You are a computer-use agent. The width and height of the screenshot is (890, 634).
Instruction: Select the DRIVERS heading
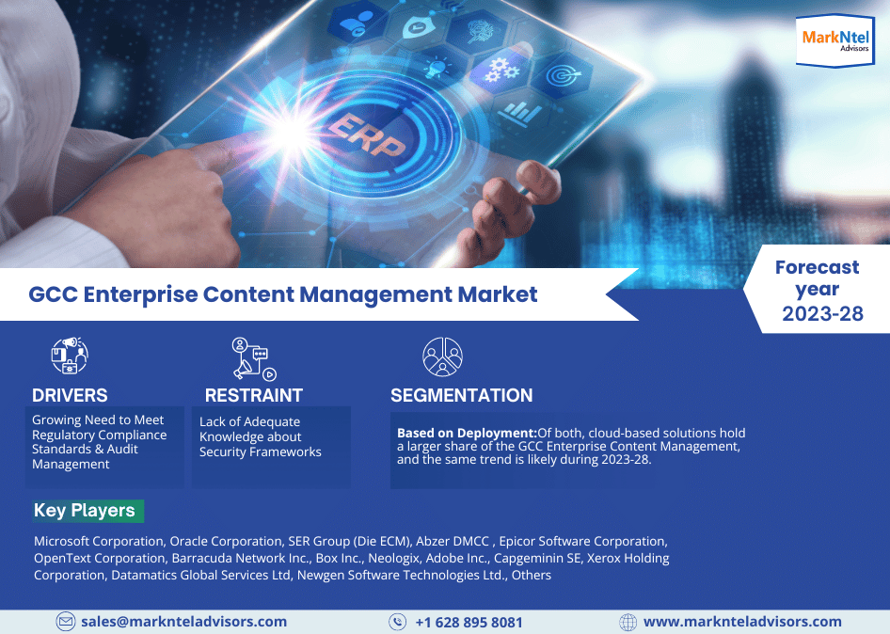(70, 395)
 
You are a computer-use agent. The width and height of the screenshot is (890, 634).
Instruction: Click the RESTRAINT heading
(254, 395)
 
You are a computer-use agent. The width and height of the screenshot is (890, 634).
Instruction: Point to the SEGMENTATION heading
(462, 395)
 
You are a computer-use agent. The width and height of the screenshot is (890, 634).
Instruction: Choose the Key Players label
(85, 511)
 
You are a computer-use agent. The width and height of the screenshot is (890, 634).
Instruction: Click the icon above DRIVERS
(69, 356)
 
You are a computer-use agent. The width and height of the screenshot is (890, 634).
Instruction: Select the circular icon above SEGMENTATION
(442, 357)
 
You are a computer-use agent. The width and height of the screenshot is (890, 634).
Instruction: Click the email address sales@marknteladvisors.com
(183, 622)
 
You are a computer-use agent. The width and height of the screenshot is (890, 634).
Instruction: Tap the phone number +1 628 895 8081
(469, 622)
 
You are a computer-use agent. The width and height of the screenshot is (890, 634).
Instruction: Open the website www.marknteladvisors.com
(742, 622)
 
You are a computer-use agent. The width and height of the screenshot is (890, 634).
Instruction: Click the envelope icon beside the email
(66, 622)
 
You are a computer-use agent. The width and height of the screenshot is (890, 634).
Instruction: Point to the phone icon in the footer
(397, 622)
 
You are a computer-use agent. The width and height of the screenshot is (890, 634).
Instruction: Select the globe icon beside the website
(628, 622)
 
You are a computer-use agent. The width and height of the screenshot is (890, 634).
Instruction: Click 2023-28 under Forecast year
(822, 314)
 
